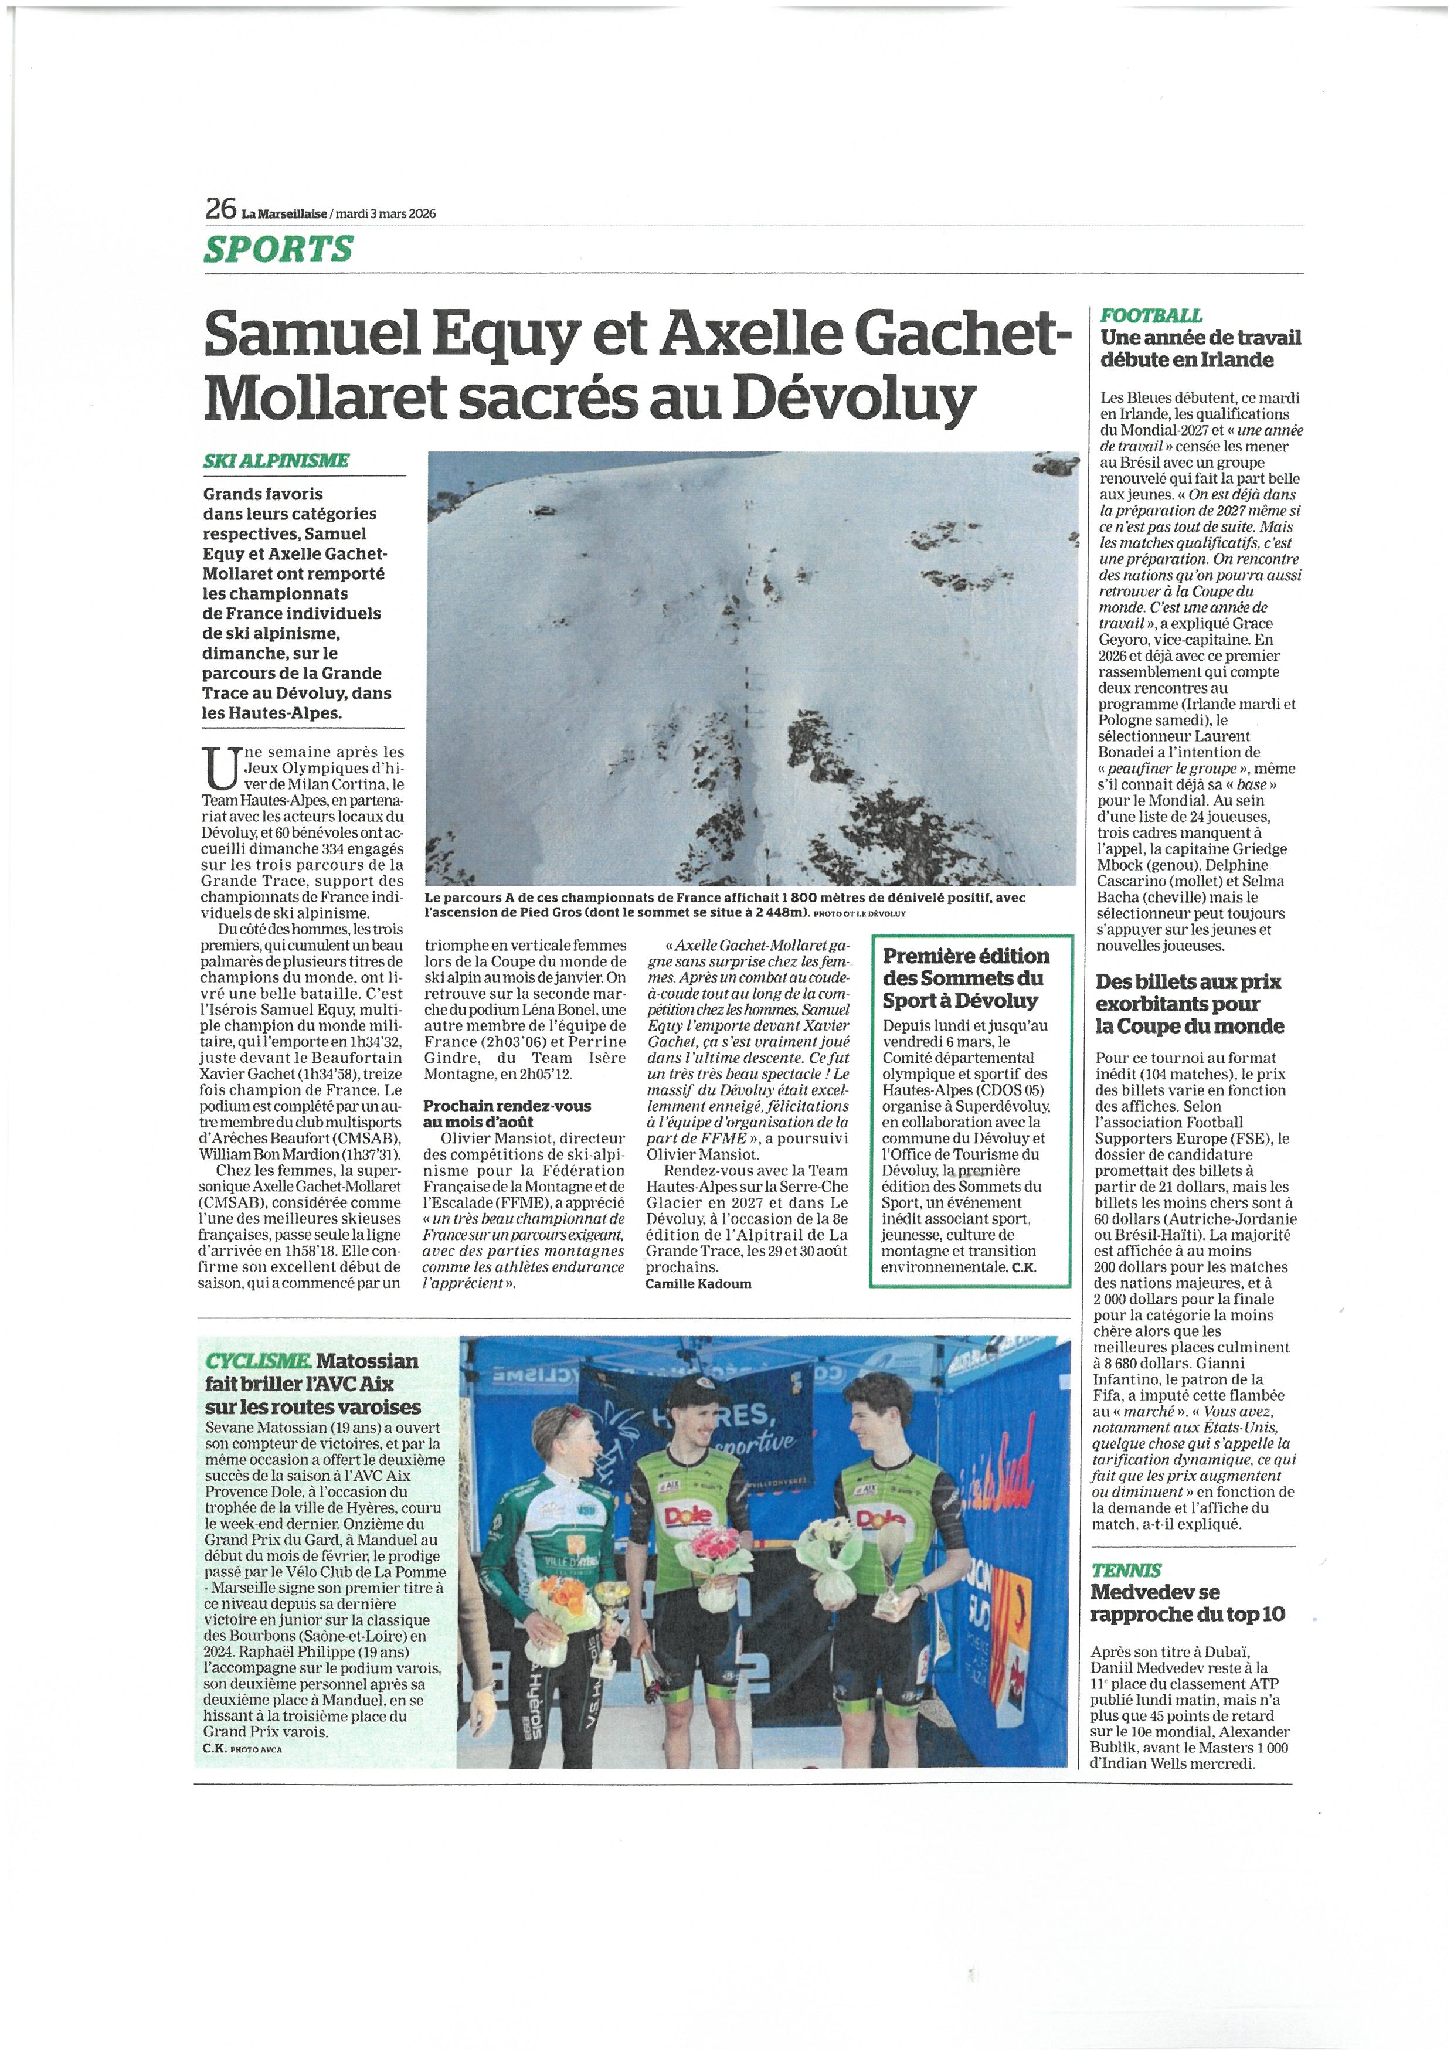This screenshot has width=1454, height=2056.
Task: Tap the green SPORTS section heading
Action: click(x=278, y=249)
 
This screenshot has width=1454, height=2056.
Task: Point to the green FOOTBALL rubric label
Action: click(x=1150, y=315)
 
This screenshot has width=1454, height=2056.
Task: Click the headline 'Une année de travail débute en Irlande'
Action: click(x=1200, y=348)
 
